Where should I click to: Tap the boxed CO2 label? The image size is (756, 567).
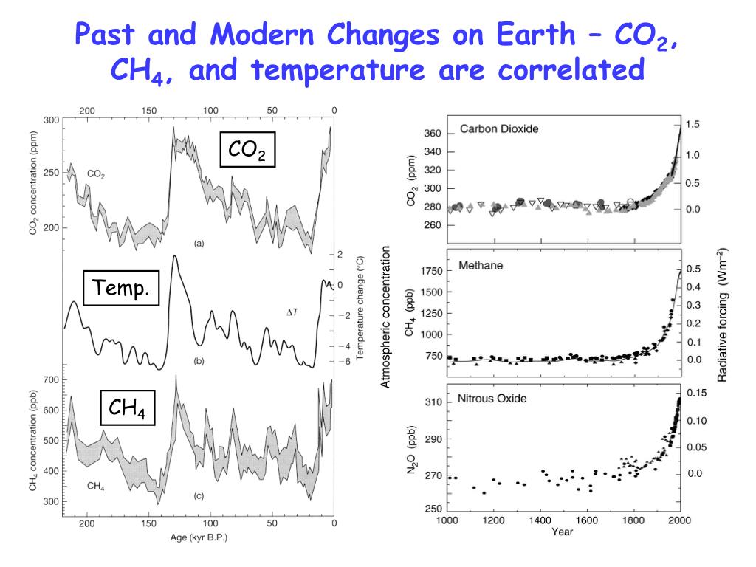click(247, 151)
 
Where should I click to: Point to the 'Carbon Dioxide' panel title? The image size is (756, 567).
click(499, 128)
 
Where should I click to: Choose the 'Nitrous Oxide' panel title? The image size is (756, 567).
click(493, 399)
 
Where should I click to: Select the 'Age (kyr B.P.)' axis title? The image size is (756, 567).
click(199, 537)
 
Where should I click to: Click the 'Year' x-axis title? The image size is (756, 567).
click(563, 531)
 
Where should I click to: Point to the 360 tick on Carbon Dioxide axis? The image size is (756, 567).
click(433, 134)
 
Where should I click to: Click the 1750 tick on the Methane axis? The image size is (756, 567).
click(430, 272)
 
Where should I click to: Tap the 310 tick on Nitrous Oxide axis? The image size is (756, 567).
click(433, 402)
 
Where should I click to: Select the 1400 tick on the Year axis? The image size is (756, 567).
click(540, 520)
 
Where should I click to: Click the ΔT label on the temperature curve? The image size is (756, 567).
click(292, 313)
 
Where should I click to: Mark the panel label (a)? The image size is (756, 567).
click(199, 243)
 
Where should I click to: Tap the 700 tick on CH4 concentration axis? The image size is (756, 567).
click(50, 379)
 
